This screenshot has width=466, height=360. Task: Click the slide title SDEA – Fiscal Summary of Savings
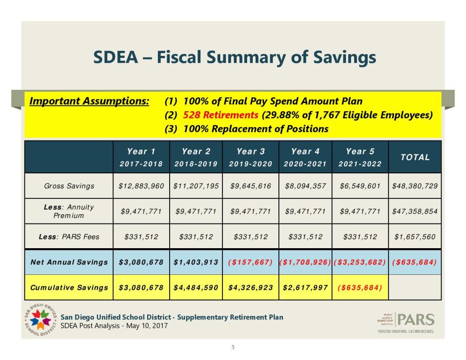[234, 57]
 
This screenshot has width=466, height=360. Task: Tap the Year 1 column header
[140, 156]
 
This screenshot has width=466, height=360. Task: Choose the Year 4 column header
[305, 156]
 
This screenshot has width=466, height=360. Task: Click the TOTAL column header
[415, 157]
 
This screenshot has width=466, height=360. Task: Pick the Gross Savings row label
[69, 186]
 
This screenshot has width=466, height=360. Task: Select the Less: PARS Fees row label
[69, 237]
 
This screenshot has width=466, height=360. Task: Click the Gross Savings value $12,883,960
[140, 186]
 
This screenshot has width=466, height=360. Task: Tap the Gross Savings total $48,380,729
[415, 186]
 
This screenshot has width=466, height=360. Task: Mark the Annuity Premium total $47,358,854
[415, 211]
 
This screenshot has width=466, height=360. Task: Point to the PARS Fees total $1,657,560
[415, 237]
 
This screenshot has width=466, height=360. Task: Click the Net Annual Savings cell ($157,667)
[250, 262]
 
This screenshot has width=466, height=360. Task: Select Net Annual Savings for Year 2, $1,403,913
[195, 262]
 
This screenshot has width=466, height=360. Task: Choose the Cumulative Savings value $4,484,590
[195, 287]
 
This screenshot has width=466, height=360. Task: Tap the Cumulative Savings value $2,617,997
[305, 287]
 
